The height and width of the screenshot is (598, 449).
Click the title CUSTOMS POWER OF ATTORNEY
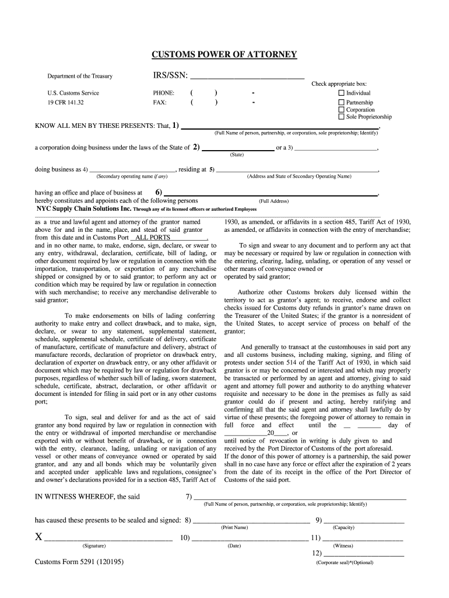(224, 55)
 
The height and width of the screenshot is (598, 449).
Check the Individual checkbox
(342, 93)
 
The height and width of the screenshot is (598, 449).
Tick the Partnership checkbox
(342, 102)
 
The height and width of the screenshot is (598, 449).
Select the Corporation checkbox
(342, 109)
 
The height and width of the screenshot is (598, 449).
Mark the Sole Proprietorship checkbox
(342, 117)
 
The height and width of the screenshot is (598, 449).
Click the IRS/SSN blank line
(247, 76)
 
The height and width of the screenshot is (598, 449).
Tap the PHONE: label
(163, 93)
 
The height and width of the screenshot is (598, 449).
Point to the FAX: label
(159, 102)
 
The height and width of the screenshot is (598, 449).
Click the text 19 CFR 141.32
(65, 102)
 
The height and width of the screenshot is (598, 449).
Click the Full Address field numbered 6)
(271, 193)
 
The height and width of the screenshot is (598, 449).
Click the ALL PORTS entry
(153, 238)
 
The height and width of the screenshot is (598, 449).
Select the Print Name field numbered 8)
(251, 520)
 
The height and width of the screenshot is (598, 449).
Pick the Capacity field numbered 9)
(363, 520)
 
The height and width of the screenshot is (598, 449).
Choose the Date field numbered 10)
(250, 538)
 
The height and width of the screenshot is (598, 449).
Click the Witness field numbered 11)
(362, 538)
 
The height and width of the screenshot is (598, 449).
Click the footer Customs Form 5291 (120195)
(79, 562)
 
